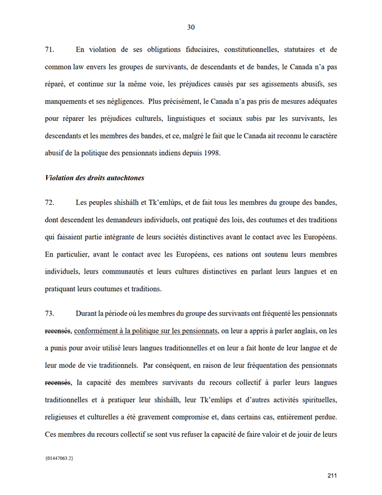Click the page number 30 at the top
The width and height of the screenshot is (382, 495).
[191, 27]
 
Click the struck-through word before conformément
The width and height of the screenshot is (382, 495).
[58, 331]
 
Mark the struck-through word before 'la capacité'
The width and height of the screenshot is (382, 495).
[58, 383]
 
